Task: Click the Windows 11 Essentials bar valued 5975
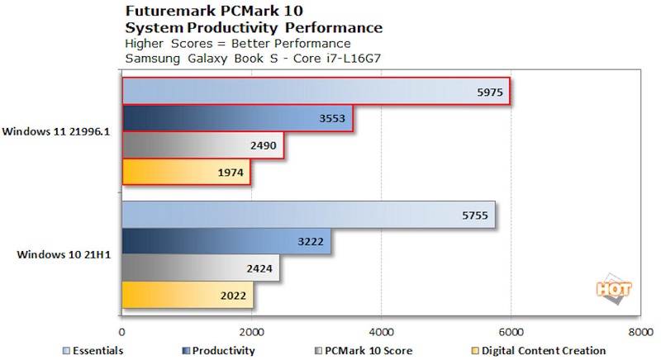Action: click(x=314, y=92)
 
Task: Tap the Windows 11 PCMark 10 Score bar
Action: click(x=203, y=145)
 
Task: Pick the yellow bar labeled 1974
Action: click(x=186, y=172)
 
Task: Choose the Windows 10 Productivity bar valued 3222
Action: click(x=226, y=241)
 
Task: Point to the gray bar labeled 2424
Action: click(x=201, y=268)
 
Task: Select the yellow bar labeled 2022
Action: click(x=188, y=295)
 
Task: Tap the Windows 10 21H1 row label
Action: click(x=64, y=254)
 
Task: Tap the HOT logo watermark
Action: click(x=613, y=288)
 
